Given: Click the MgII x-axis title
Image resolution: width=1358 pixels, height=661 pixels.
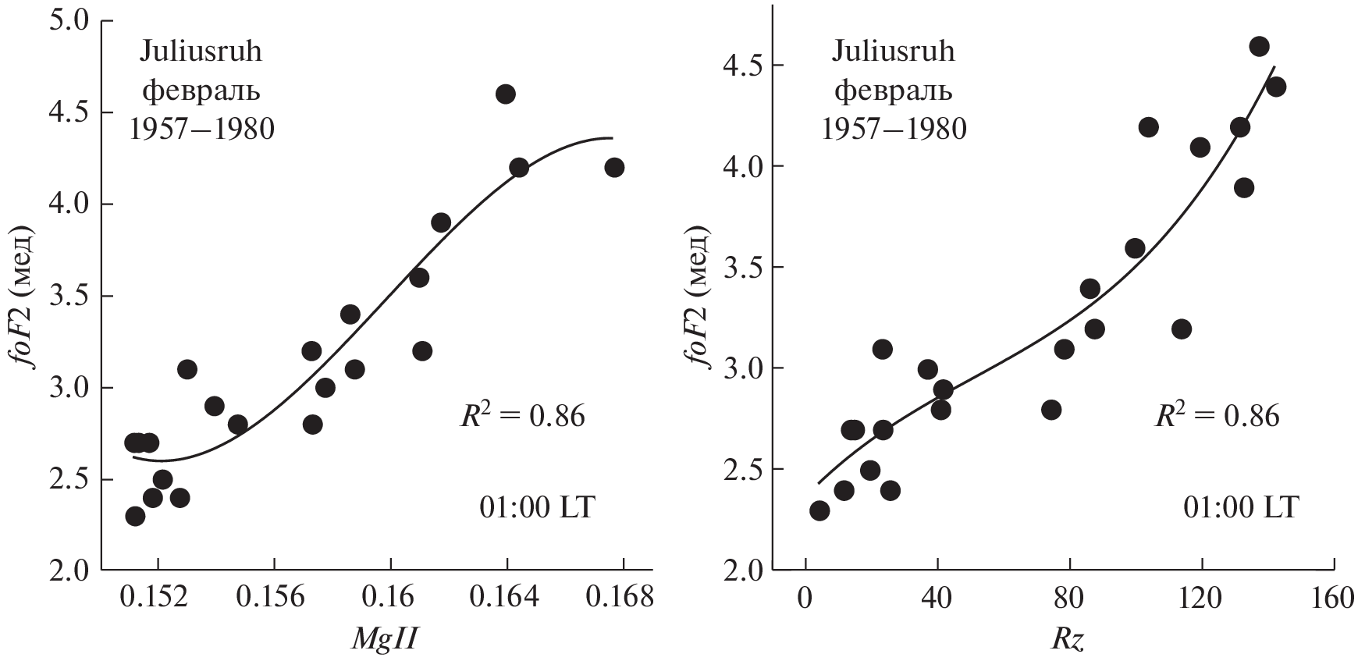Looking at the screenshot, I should click(383, 639).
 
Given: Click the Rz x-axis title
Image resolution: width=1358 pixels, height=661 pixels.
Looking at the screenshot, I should click(1068, 639).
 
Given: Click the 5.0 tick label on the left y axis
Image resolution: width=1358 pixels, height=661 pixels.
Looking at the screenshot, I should click(71, 20).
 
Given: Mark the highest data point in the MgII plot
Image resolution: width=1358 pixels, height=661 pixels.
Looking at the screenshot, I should click(506, 94).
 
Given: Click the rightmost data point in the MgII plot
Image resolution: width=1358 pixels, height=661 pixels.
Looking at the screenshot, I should click(614, 167).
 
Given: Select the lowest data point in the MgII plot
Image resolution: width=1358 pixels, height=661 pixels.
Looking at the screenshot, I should click(135, 516).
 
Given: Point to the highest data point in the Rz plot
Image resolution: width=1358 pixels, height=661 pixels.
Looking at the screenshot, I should click(1259, 46).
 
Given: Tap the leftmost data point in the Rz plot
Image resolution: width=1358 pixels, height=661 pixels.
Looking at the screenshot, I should click(819, 510).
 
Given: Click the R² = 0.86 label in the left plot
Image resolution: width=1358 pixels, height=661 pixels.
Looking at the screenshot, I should click(521, 416).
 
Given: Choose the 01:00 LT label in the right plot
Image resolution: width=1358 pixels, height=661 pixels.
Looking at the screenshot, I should click(1240, 508).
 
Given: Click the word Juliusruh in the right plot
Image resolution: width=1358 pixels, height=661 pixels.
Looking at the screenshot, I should click(893, 52).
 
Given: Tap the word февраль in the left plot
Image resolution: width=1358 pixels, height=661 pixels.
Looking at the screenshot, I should click(201, 91).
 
